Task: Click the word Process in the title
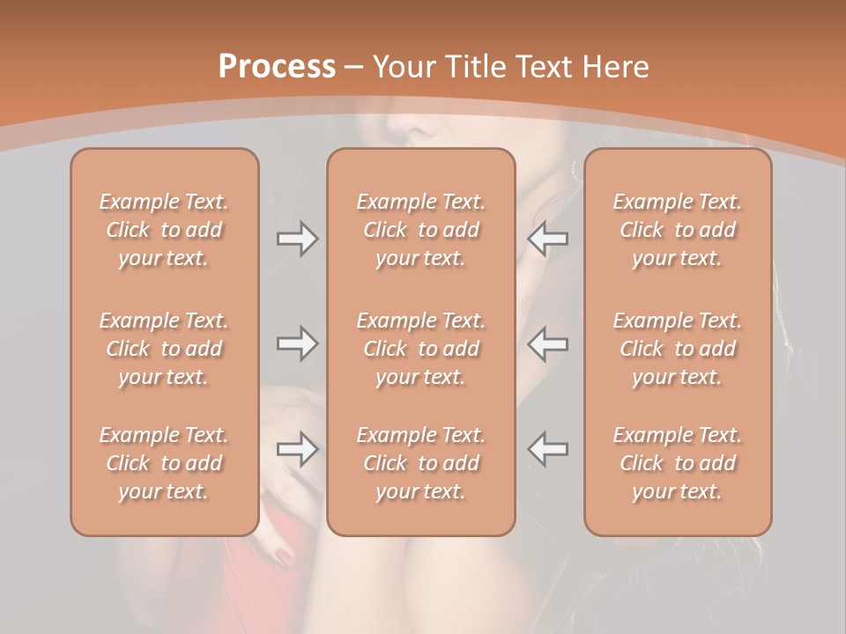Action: click(277, 66)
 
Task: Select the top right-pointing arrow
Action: click(297, 239)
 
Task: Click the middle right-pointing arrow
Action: click(297, 343)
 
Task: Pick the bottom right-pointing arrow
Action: click(297, 449)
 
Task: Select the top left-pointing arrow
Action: click(548, 239)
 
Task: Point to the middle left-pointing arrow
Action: click(548, 343)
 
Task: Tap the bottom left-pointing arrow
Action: click(548, 449)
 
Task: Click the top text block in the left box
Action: click(164, 230)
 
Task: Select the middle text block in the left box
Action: click(164, 349)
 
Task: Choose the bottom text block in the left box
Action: click(164, 463)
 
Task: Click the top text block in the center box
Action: click(420, 230)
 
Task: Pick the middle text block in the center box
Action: click(420, 349)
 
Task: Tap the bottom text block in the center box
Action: click(420, 463)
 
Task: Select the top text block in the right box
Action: click(677, 230)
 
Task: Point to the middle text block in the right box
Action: click(677, 349)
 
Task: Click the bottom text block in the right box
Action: click(677, 463)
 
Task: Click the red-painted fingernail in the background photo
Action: click(285, 557)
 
